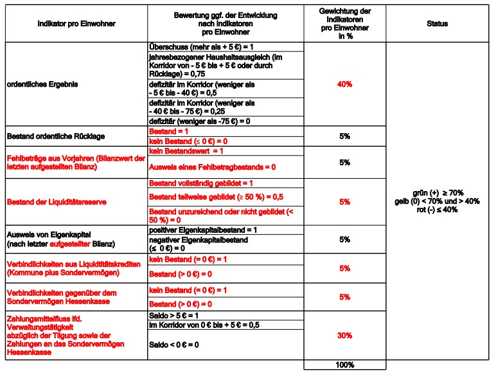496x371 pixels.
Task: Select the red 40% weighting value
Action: [x=344, y=84]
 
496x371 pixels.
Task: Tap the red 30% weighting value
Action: [x=344, y=335]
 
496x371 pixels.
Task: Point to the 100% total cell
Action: [x=344, y=365]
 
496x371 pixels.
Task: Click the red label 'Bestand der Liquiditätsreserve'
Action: [x=57, y=203]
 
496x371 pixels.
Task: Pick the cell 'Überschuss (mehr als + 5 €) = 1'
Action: [x=203, y=48]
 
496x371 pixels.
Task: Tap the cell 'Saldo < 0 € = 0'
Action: [x=174, y=345]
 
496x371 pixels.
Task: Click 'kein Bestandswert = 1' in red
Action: [x=186, y=150]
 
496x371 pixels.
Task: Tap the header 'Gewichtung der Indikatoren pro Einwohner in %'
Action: [x=344, y=24]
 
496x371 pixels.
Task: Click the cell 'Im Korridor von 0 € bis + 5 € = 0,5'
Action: [x=204, y=325]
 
